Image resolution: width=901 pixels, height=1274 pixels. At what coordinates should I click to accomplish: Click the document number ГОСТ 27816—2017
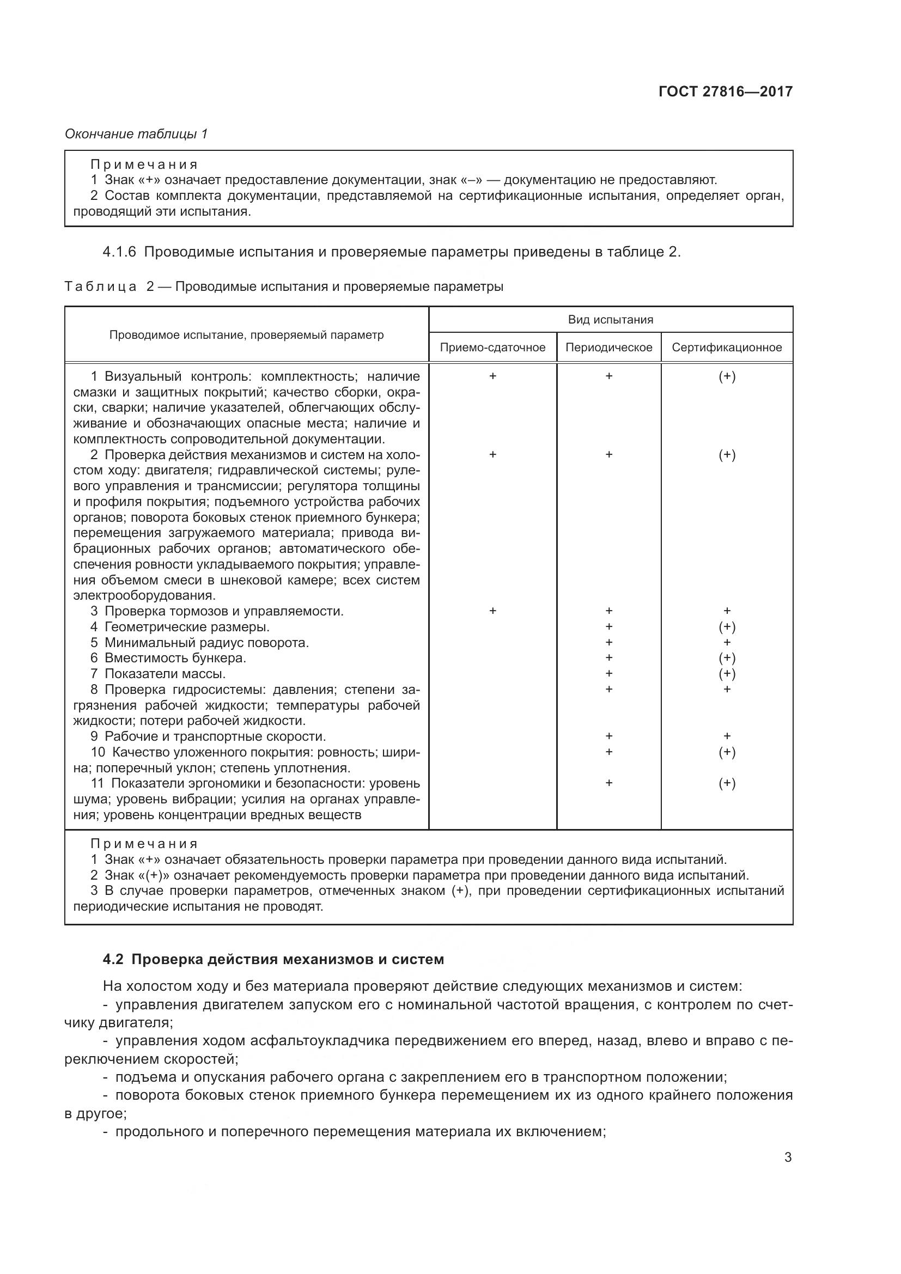[725, 92]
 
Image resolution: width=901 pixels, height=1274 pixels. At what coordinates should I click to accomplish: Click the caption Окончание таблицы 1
[136, 134]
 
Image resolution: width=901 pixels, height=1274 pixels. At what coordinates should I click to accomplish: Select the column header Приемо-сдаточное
[492, 348]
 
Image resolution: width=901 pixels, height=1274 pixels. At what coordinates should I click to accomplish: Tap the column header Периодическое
[608, 348]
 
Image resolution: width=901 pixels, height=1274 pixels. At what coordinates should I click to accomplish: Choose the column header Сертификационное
[726, 348]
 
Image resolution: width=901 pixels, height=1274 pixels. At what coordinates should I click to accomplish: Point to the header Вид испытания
[610, 320]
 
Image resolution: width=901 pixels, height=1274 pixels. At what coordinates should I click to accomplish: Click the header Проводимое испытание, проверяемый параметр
[246, 334]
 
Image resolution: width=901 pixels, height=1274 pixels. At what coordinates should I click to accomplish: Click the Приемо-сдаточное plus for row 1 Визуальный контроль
[492, 376]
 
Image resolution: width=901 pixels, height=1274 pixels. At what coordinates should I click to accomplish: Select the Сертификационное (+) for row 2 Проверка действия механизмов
[727, 455]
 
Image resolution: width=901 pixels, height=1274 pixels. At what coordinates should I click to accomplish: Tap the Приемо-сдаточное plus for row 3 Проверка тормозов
[492, 611]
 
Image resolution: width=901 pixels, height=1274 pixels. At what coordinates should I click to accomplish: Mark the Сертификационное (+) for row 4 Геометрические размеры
[727, 627]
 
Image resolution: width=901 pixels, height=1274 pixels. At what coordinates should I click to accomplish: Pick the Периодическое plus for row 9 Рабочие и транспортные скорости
[608, 736]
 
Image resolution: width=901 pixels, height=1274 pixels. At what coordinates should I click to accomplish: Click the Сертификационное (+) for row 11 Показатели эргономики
[727, 783]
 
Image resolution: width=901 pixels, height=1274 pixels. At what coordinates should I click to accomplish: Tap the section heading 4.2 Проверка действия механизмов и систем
[273, 959]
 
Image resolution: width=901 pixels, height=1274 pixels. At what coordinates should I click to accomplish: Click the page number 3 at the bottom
[787, 1157]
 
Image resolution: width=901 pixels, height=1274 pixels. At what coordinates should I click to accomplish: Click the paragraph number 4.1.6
[119, 252]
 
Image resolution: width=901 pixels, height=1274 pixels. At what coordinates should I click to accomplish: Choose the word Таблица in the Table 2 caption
[100, 287]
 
